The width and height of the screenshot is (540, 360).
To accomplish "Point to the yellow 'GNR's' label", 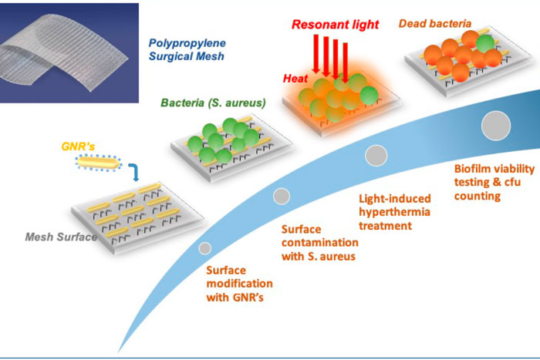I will (x=77, y=146).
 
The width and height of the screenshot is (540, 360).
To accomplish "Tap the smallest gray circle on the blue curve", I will (x=204, y=248).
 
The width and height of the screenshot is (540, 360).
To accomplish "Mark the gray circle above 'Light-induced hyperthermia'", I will (x=376, y=156).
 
